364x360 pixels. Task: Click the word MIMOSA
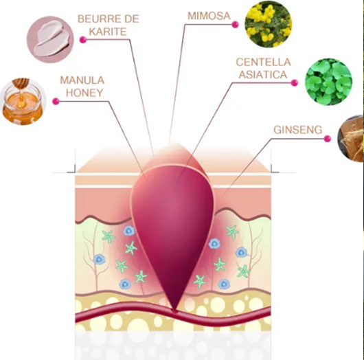[209, 16]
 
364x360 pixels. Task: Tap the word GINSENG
[298, 130]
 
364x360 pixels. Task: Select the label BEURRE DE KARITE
[109, 25]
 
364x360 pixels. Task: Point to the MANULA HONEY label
[82, 87]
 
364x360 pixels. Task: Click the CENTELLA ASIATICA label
[263, 68]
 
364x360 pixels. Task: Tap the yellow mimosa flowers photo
[269, 24]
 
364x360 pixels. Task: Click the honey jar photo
[23, 102]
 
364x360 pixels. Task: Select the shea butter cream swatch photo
[50, 39]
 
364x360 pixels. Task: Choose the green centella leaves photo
[328, 82]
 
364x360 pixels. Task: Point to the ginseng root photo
[351, 139]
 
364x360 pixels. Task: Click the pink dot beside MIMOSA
[235, 24]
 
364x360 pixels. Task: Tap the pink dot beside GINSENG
[328, 139]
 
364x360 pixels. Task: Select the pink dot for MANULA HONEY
[56, 101]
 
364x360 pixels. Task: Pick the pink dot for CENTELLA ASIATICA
[295, 82]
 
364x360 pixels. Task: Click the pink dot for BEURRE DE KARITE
[83, 40]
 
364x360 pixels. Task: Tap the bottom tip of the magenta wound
[174, 311]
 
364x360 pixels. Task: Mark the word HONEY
[84, 93]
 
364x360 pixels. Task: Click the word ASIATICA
[263, 75]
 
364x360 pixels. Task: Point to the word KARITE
[108, 32]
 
